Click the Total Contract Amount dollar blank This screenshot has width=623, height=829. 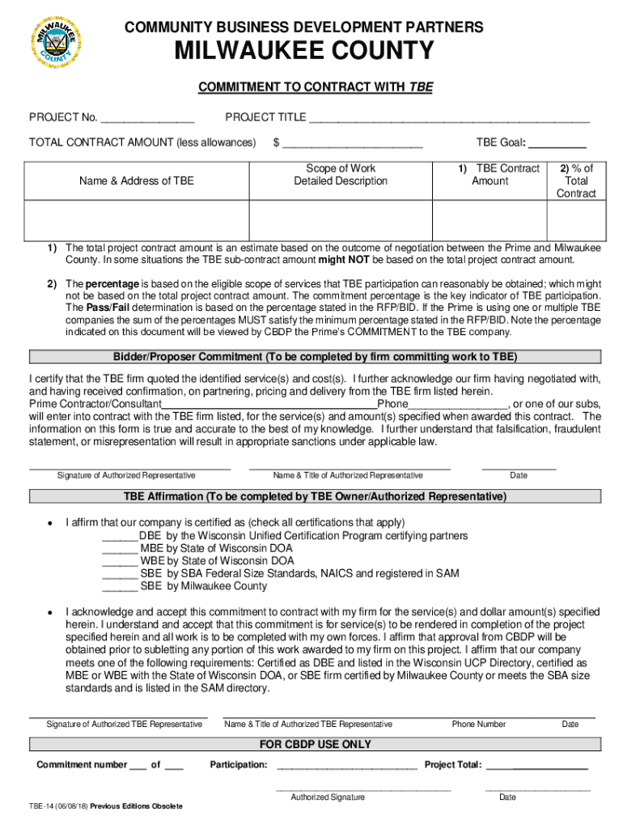pyautogui.click(x=352, y=144)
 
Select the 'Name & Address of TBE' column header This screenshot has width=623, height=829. pyautogui.click(x=137, y=181)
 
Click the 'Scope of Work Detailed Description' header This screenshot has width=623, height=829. pyautogui.click(x=341, y=175)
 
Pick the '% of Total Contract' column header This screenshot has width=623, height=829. pyautogui.click(x=576, y=181)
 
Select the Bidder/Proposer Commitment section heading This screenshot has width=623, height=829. pyautogui.click(x=315, y=357)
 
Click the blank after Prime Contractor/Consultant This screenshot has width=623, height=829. pyautogui.click(x=270, y=405)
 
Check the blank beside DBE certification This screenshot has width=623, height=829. pyautogui.click(x=120, y=536)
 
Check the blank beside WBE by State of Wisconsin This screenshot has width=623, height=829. pyautogui.click(x=120, y=561)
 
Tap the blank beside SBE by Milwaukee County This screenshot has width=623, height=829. pyautogui.click(x=120, y=586)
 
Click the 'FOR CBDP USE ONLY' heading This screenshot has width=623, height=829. pyautogui.click(x=315, y=744)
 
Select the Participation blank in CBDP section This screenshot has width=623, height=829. pyautogui.click(x=346, y=765)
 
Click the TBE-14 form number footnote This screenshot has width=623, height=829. pyautogui.click(x=106, y=806)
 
